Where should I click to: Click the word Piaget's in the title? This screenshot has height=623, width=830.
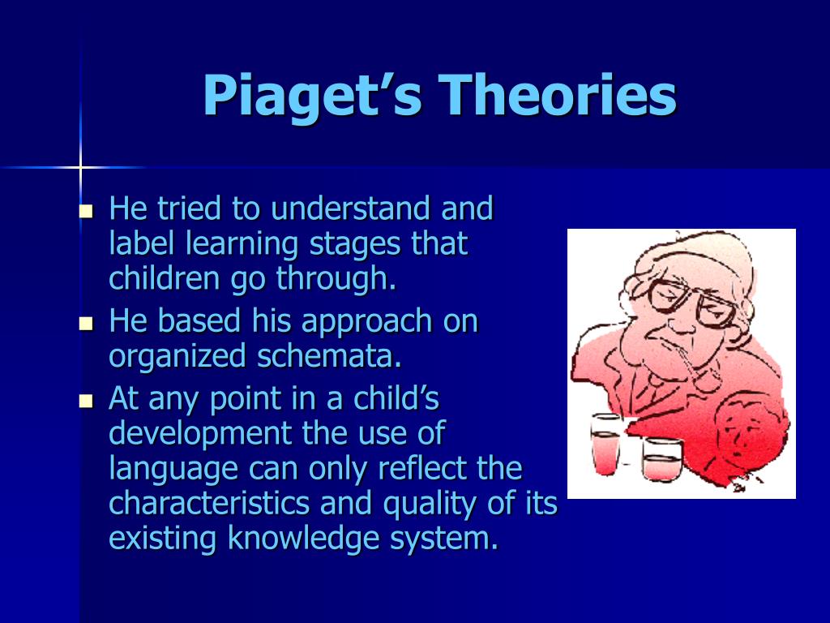(x=313, y=96)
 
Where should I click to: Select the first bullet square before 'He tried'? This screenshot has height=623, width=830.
(x=86, y=212)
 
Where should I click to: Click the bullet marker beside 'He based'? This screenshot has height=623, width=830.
(x=86, y=324)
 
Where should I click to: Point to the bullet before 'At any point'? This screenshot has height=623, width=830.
(x=86, y=401)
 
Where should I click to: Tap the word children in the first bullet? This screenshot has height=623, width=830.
(x=164, y=277)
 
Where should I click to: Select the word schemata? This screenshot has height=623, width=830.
(x=329, y=355)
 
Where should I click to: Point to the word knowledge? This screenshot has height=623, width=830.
(x=304, y=539)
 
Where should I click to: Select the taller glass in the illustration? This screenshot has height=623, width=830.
(x=605, y=444)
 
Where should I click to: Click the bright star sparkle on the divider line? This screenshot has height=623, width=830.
(x=80, y=168)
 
